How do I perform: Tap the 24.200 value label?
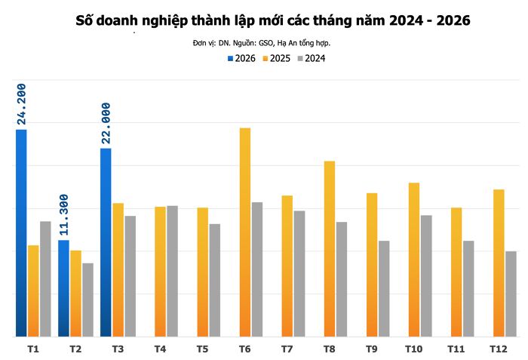22,104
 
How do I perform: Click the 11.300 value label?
64,215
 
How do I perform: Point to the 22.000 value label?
106,122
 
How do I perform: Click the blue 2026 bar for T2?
63,288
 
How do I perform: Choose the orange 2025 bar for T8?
330,248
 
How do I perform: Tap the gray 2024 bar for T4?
172,271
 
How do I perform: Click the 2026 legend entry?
241,58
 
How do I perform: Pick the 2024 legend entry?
312,58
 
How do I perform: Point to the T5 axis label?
202,349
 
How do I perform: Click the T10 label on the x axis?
413,349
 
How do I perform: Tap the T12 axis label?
498,349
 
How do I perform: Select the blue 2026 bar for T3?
106,242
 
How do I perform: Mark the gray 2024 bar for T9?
384,288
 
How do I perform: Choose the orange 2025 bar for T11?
456,272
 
